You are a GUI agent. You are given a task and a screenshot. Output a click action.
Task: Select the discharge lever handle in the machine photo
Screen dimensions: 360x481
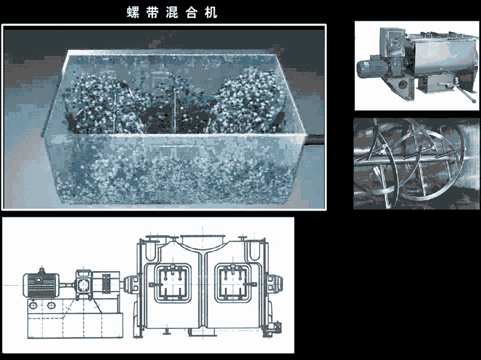pyautogui.click(x=466, y=96)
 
